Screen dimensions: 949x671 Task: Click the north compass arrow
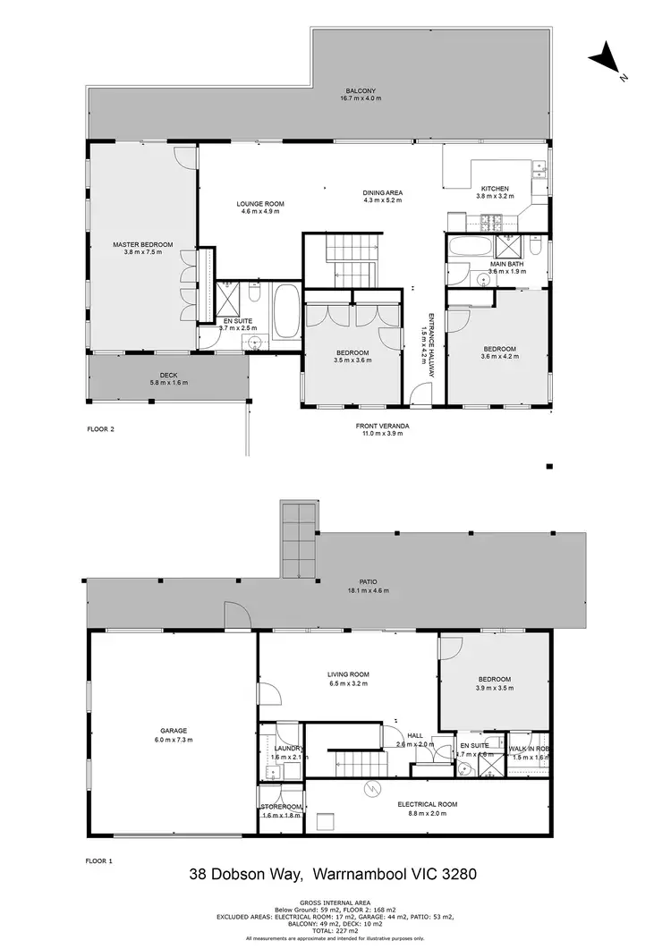(605, 59)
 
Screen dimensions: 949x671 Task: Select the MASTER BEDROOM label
(142, 244)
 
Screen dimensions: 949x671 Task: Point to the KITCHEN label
(495, 189)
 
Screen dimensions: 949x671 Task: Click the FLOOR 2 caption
(100, 428)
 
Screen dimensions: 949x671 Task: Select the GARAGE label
(174, 731)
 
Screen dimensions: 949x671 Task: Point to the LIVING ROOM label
(348, 674)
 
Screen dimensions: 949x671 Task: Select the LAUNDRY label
(287, 748)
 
